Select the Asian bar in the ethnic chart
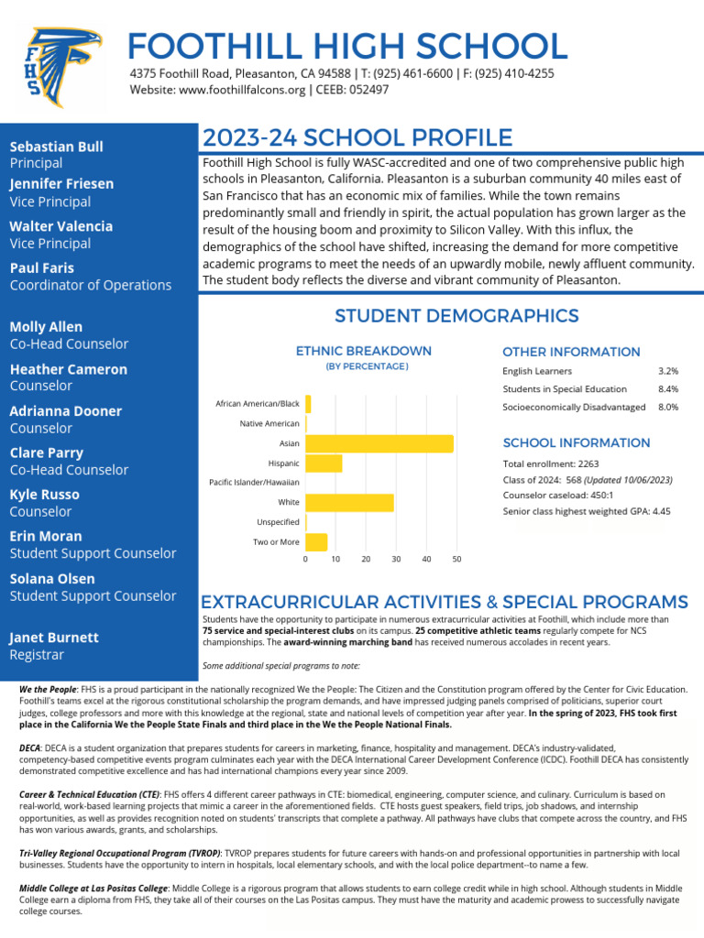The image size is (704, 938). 379,443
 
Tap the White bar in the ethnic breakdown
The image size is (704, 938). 349,502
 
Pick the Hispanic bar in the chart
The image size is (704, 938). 324,464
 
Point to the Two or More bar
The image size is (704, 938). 316,541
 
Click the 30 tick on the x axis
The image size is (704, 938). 396,559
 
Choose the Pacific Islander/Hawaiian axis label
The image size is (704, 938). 254,482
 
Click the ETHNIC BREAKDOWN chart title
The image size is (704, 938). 364,351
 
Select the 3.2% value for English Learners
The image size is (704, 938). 668,371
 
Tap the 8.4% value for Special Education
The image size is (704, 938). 668,389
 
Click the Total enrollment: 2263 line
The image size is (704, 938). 550,464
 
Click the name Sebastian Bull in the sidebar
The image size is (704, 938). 56,147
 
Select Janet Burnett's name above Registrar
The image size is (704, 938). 54,638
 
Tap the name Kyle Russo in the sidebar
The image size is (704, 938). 45,495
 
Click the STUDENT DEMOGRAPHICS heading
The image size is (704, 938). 456,316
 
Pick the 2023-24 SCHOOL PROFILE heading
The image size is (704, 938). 357,138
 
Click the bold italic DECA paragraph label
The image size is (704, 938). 28,748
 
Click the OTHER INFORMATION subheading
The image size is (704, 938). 571,352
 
